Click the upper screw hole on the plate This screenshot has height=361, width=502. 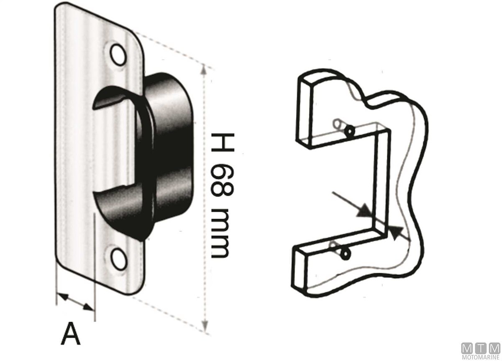[118, 55]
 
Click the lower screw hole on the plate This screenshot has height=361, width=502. [119, 259]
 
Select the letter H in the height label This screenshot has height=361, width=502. [223, 142]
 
